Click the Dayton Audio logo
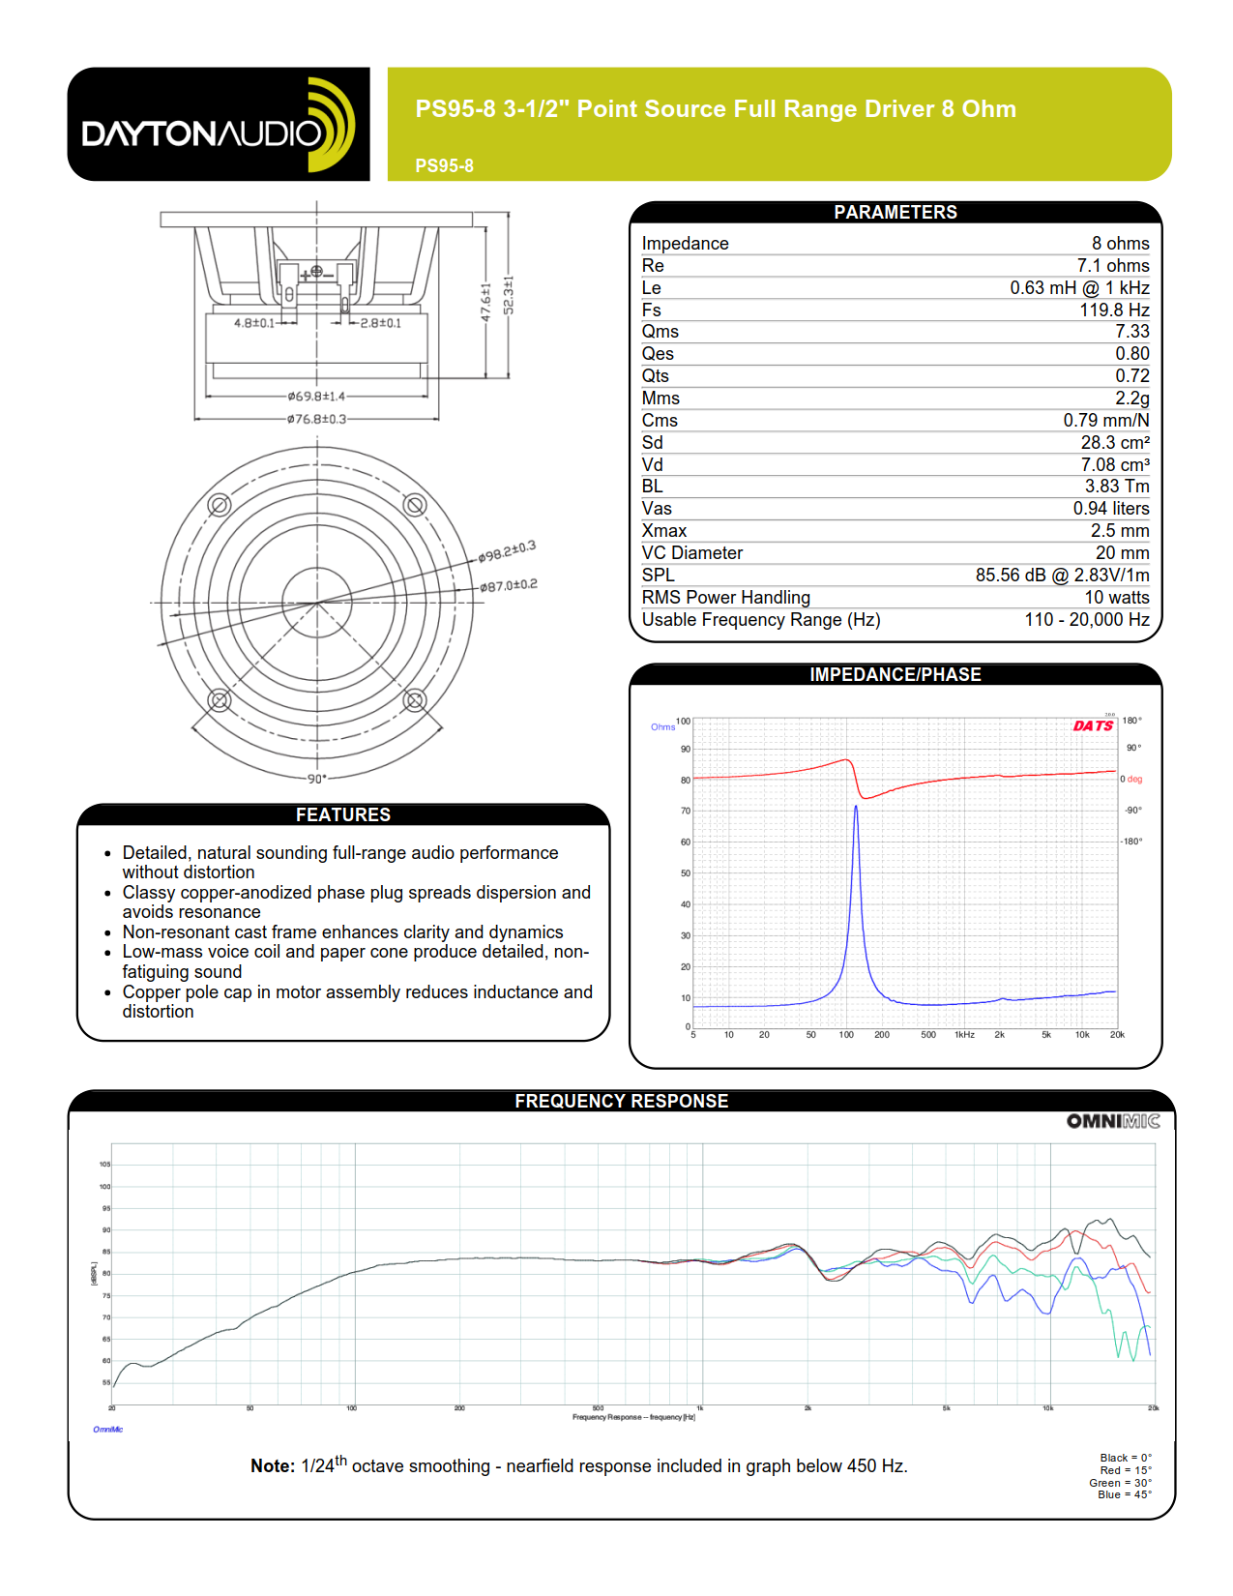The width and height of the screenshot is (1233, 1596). [219, 125]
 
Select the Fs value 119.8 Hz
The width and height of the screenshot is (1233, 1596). [1114, 310]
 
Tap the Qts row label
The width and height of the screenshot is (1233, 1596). [655, 376]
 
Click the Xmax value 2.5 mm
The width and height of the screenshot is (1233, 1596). [1120, 531]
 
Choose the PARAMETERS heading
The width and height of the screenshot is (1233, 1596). [895, 213]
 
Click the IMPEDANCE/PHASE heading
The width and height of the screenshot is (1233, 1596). [895, 675]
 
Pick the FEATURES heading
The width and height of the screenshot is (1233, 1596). [343, 815]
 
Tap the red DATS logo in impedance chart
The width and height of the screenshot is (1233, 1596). [1093, 725]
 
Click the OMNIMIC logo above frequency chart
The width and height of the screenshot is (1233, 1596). [1113, 1121]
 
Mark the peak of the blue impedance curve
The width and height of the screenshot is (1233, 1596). [856, 807]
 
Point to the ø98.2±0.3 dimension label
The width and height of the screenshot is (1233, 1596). [507, 551]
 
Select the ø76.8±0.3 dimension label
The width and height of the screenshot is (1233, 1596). [316, 419]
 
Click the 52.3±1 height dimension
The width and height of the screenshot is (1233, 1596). [509, 295]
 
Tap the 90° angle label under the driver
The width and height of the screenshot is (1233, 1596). [317, 779]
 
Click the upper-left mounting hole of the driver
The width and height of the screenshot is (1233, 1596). [220, 505]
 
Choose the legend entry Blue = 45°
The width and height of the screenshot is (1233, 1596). [1124, 1494]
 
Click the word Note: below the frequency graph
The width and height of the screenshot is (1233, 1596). [273, 1466]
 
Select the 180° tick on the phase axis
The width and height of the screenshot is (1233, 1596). [1131, 721]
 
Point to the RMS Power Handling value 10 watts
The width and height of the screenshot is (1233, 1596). [1116, 598]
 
